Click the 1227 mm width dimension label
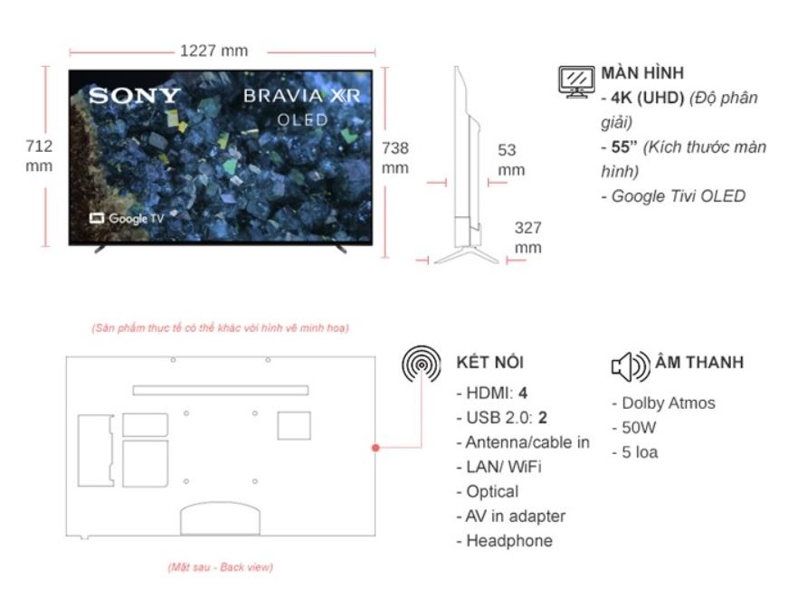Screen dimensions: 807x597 [214, 51]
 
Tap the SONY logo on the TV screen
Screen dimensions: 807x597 [134, 96]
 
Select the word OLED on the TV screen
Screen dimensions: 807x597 [302, 120]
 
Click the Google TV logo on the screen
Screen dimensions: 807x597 [127, 218]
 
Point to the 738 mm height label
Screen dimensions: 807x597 [395, 158]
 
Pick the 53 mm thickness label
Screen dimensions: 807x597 [511, 159]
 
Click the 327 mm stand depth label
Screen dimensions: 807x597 [528, 237]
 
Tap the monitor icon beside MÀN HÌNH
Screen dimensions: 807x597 [576, 81]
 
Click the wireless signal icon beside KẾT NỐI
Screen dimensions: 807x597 [422, 364]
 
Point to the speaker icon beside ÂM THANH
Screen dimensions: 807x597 [631, 366]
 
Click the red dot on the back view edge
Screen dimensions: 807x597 [375, 448]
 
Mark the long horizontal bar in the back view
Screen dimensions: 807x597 [221, 391]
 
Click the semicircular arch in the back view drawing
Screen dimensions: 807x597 [220, 503]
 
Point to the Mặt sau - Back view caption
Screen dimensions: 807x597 [220, 567]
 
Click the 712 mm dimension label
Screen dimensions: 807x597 [39, 156]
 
